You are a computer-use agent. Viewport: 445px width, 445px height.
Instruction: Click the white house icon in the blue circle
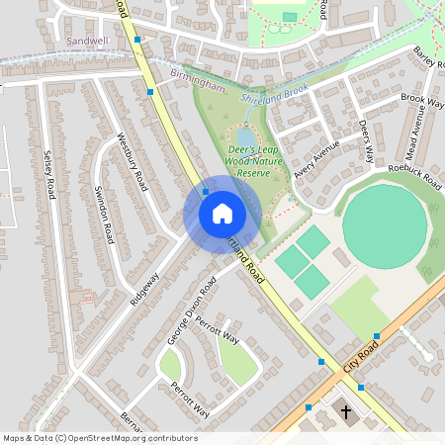click(222, 214)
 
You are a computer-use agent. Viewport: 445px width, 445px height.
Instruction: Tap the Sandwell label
click(86, 41)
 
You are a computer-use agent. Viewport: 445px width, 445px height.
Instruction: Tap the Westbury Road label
click(133, 162)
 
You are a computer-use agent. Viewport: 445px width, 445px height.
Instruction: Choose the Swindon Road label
click(102, 213)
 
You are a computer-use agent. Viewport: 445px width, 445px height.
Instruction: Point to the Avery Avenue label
click(316, 157)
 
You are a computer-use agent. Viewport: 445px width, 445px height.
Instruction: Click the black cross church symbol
click(346, 410)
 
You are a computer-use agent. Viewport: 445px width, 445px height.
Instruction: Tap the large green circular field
click(385, 226)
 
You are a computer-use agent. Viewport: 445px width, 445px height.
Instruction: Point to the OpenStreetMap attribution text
click(100, 438)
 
